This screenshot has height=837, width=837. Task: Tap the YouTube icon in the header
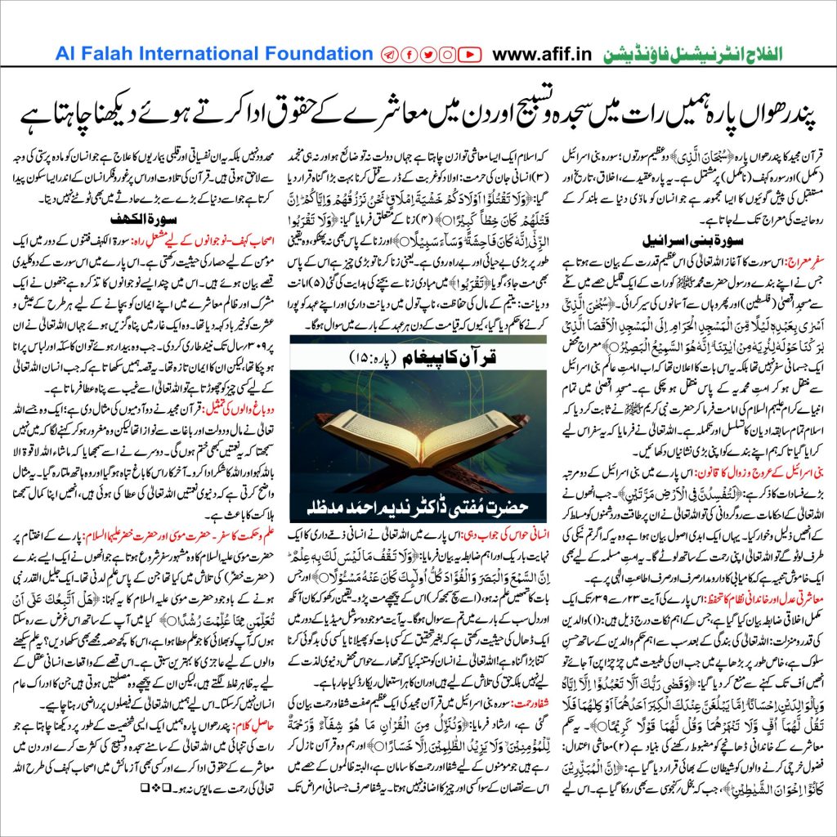468,55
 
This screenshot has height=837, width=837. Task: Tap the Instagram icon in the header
448,55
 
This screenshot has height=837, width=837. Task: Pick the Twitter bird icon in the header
428,55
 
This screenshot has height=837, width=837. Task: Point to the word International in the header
201,55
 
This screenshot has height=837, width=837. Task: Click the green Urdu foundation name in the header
692,55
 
